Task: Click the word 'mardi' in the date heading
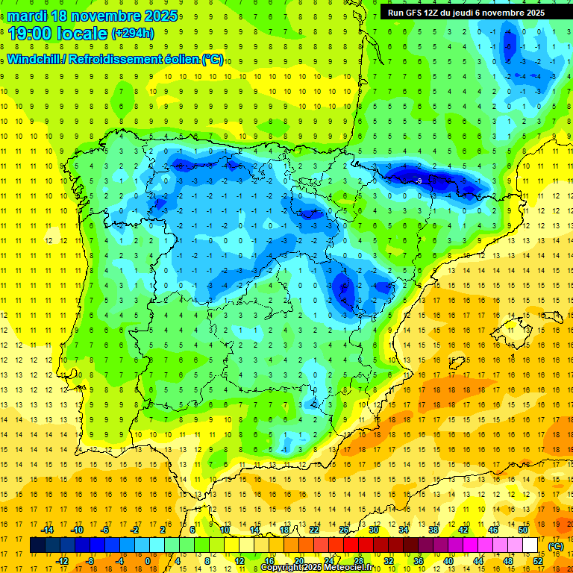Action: [29, 16]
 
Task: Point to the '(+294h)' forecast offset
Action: [132, 34]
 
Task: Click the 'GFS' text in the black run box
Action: [415, 13]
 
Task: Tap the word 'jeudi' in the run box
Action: [461, 13]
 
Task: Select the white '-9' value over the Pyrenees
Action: [419, 181]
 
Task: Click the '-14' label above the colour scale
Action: [48, 529]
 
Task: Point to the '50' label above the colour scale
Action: [522, 529]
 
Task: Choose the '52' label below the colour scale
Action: [537, 560]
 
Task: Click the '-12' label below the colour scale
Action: [63, 560]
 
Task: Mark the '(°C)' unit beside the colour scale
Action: [556, 545]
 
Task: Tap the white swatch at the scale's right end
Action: [530, 545]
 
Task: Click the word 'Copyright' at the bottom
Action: [281, 568]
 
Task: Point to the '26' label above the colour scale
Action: [343, 529]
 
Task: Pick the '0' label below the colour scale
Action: [148, 560]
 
